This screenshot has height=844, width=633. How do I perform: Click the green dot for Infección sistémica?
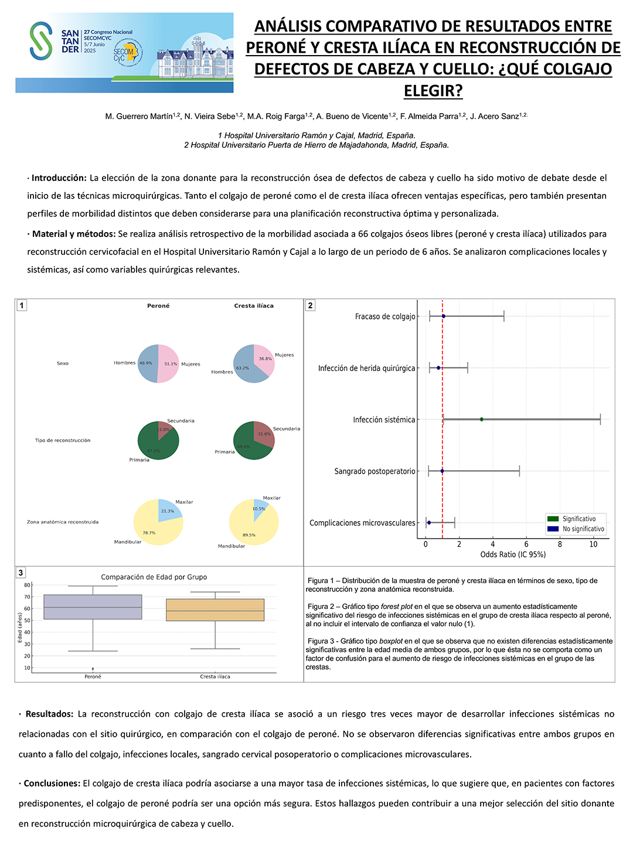click(x=482, y=419)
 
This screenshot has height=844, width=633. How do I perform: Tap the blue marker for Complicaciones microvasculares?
click(x=429, y=522)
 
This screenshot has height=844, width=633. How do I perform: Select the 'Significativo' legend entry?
click(x=578, y=519)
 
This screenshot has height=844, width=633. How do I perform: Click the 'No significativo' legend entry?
click(x=583, y=529)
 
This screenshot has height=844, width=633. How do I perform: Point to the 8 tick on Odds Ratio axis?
click(x=560, y=544)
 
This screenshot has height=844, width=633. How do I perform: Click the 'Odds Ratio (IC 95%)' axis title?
click(x=513, y=554)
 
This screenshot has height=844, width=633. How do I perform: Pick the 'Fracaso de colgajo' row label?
click(x=385, y=316)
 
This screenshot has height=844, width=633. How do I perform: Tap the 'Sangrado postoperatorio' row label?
click(x=375, y=471)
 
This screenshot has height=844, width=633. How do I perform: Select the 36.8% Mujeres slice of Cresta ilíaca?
click(x=263, y=357)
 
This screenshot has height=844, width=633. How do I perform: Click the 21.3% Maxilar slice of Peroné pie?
click(x=168, y=509)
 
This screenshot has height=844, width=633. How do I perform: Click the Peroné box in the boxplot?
click(x=93, y=607)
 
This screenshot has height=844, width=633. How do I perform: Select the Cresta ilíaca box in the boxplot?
click(x=215, y=610)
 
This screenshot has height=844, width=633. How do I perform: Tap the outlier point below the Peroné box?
click(x=93, y=669)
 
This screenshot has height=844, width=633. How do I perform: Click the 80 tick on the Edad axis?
click(x=27, y=585)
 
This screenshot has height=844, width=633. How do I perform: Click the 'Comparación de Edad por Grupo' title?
click(x=154, y=577)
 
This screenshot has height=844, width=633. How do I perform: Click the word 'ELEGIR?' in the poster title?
click(x=433, y=91)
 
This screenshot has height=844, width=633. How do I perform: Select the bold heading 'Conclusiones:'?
click(x=52, y=784)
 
